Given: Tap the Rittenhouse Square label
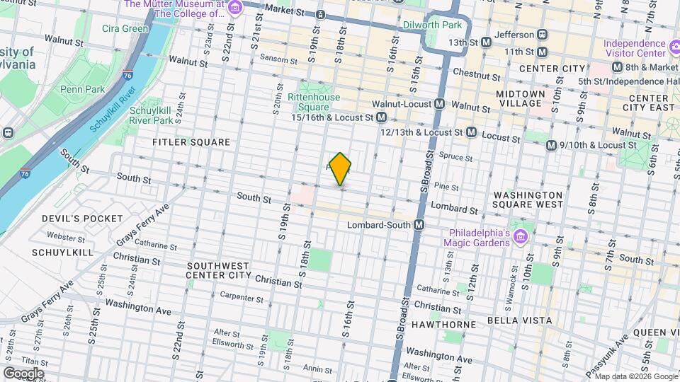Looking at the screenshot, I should click(314, 102).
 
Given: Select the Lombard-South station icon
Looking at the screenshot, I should click(419, 224).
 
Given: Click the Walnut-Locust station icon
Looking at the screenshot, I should click(440, 104).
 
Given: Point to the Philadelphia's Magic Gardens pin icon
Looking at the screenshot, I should click(523, 236).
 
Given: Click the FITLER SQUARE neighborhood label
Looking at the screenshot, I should click(191, 142).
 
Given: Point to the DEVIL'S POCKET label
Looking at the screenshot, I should click(82, 218).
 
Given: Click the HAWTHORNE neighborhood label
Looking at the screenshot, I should click(450, 324).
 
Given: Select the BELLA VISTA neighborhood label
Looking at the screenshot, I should click(519, 320).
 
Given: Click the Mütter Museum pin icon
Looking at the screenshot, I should click(235, 8).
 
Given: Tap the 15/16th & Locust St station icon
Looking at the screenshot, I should click(381, 117).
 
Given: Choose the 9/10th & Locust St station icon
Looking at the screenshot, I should click(552, 145).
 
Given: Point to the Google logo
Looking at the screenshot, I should click(23, 374).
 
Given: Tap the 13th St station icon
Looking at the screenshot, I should click(486, 42).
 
